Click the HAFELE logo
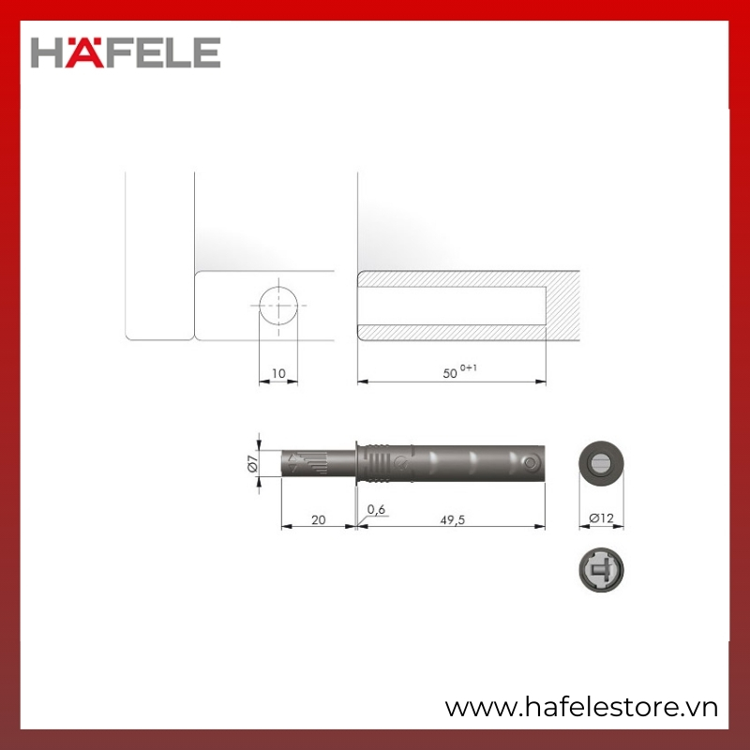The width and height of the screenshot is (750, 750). click(x=126, y=52)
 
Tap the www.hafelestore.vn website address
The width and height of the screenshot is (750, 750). click(x=581, y=707)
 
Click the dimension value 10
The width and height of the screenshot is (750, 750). click(x=278, y=373)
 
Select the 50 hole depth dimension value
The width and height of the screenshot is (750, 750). click(x=450, y=373)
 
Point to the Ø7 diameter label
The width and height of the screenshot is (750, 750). click(x=252, y=463)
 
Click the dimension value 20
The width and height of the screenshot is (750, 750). click(x=319, y=520)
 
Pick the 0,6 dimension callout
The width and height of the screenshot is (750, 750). click(x=377, y=510)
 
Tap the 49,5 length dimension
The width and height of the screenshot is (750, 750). click(x=453, y=520)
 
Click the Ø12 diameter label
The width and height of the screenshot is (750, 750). click(x=601, y=518)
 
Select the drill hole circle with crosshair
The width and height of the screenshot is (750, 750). click(x=278, y=306)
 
